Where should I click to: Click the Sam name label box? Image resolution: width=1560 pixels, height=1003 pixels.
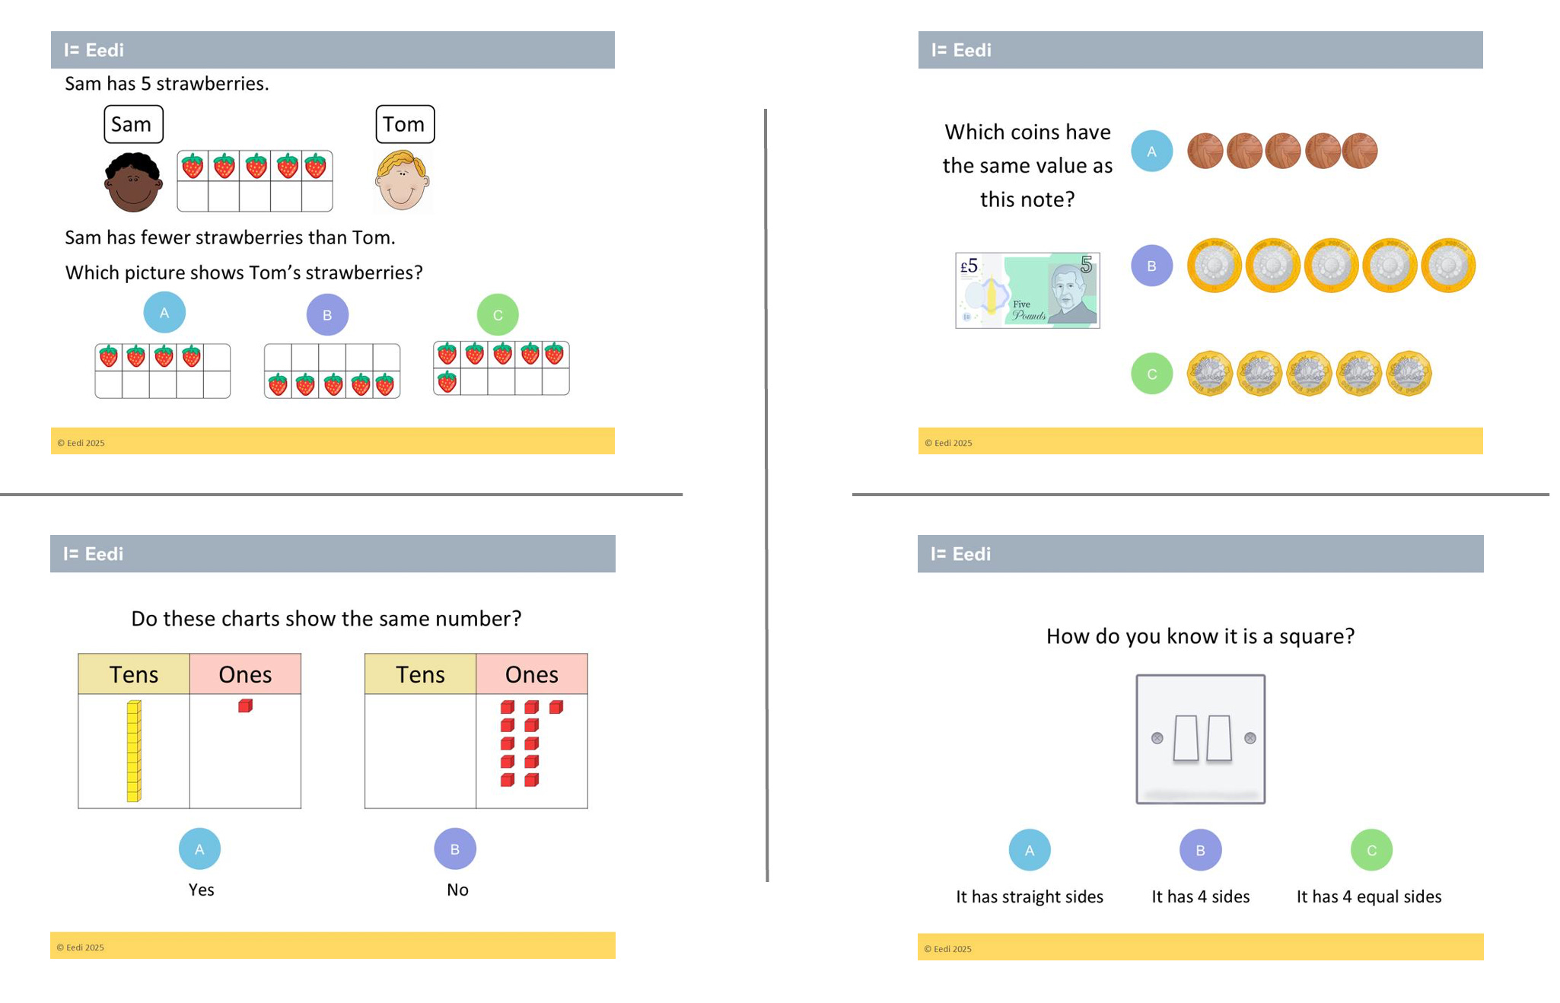(x=133, y=124)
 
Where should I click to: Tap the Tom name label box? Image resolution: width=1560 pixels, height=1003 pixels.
(x=405, y=124)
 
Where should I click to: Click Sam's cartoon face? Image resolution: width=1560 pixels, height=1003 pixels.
(x=133, y=182)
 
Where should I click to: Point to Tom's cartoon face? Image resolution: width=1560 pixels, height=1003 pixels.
(x=403, y=180)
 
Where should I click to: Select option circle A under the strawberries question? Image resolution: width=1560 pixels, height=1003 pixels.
(x=164, y=313)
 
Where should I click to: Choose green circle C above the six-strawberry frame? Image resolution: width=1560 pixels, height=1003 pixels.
(x=498, y=315)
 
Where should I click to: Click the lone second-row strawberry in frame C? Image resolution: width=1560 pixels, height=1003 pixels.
(x=447, y=381)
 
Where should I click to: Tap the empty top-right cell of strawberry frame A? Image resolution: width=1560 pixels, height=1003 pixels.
(x=217, y=356)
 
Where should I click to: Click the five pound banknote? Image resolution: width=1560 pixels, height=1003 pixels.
(x=1027, y=291)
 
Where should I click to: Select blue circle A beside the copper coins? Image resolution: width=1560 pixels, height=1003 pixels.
(x=1151, y=151)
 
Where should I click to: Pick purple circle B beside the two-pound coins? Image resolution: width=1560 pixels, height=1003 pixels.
(x=1151, y=266)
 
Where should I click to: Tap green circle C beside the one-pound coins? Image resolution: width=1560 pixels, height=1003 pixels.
(x=1151, y=374)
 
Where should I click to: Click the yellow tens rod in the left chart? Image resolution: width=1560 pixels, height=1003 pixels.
(x=134, y=751)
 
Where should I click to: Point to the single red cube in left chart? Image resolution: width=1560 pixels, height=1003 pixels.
(x=245, y=706)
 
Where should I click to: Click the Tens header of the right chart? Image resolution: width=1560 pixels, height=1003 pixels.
(x=420, y=674)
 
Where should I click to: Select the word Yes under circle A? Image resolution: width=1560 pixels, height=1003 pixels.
(x=201, y=890)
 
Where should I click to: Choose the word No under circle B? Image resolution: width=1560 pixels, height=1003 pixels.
(x=457, y=890)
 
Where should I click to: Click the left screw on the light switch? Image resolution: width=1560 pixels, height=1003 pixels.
(x=1157, y=738)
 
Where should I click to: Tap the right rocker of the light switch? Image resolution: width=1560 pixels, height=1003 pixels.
(x=1219, y=738)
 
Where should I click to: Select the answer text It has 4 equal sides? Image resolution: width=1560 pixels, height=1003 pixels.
(x=1369, y=896)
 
